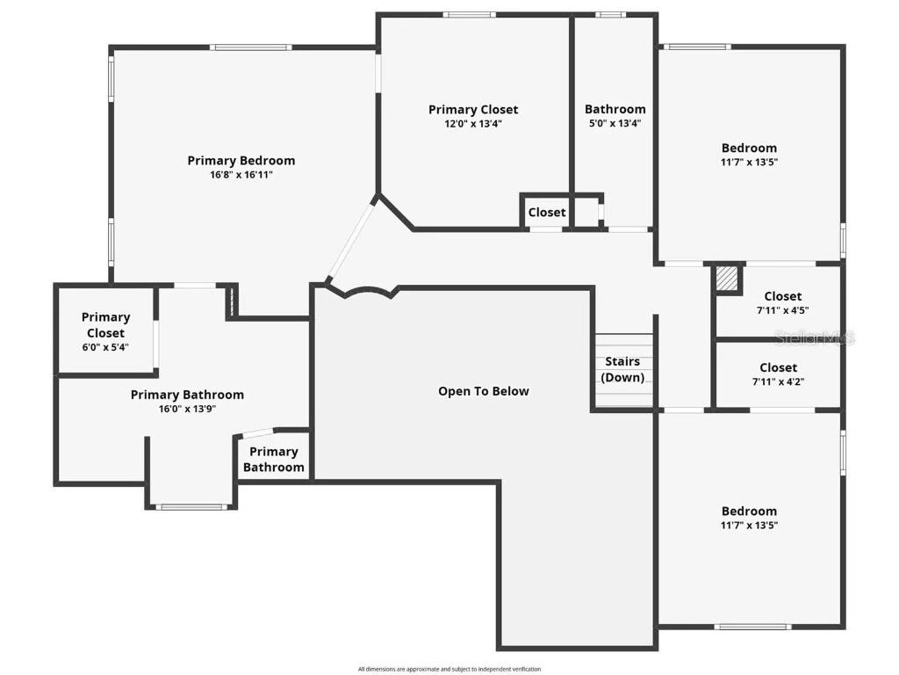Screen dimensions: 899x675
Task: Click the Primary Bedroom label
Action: pos(241,161)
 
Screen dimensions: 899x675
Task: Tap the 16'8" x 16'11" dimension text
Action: pos(241,175)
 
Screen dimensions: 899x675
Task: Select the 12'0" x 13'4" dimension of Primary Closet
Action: pos(473,123)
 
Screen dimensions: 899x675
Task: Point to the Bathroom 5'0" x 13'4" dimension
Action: pos(615,123)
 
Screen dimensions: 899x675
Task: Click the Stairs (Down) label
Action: pos(622,369)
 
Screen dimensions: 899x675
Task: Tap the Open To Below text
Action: pos(484,391)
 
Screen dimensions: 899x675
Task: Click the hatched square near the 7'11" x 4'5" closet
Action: pos(726,279)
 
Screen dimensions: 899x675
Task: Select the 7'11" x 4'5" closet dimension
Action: pos(782,310)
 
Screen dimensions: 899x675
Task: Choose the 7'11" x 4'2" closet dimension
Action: pos(778,381)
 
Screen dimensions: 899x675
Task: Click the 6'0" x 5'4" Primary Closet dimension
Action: pos(105,347)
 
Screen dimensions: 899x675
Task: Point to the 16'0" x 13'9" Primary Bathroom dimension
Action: pos(188,410)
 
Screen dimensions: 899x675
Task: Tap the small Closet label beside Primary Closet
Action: pos(547,213)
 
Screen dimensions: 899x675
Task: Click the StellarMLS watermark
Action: pos(814,337)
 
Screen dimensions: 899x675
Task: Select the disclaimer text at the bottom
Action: pos(449,669)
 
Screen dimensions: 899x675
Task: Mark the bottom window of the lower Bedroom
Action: pos(752,626)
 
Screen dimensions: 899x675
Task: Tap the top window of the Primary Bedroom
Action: pos(250,47)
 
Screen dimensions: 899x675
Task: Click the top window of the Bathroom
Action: pos(611,15)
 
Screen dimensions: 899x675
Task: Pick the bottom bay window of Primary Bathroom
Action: pos(191,507)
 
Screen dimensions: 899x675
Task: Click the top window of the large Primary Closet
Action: pos(469,15)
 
